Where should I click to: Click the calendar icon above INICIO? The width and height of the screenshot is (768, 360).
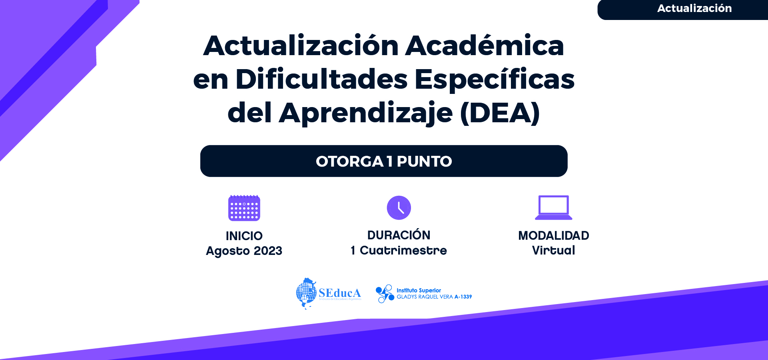[244, 208]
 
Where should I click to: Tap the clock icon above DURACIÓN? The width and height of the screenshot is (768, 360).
[399, 208]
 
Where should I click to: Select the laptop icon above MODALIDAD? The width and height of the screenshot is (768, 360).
[554, 207]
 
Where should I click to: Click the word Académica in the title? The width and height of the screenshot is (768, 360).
[485, 46]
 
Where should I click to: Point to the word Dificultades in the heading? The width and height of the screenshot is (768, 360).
[322, 79]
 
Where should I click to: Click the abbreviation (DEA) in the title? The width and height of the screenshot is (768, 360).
[500, 113]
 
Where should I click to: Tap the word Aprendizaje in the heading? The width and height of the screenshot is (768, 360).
[366, 113]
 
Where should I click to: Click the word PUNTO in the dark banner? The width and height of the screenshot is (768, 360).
[424, 161]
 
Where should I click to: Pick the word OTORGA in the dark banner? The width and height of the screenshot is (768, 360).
[350, 161]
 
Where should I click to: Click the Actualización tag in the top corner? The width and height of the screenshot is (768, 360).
[694, 8]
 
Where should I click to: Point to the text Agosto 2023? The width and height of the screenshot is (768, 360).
[244, 251]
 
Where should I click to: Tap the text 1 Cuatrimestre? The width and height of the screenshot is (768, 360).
[399, 251]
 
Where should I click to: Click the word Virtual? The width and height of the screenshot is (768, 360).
[554, 251]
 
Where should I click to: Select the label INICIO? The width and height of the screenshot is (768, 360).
[244, 236]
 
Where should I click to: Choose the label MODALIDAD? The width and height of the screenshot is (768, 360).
[554, 236]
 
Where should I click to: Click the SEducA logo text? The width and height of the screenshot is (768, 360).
[340, 293]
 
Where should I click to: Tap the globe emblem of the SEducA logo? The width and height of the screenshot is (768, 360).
[306, 293]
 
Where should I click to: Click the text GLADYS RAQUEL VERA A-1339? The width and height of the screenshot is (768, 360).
[434, 297]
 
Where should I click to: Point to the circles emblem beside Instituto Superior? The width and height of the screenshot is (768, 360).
[385, 294]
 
